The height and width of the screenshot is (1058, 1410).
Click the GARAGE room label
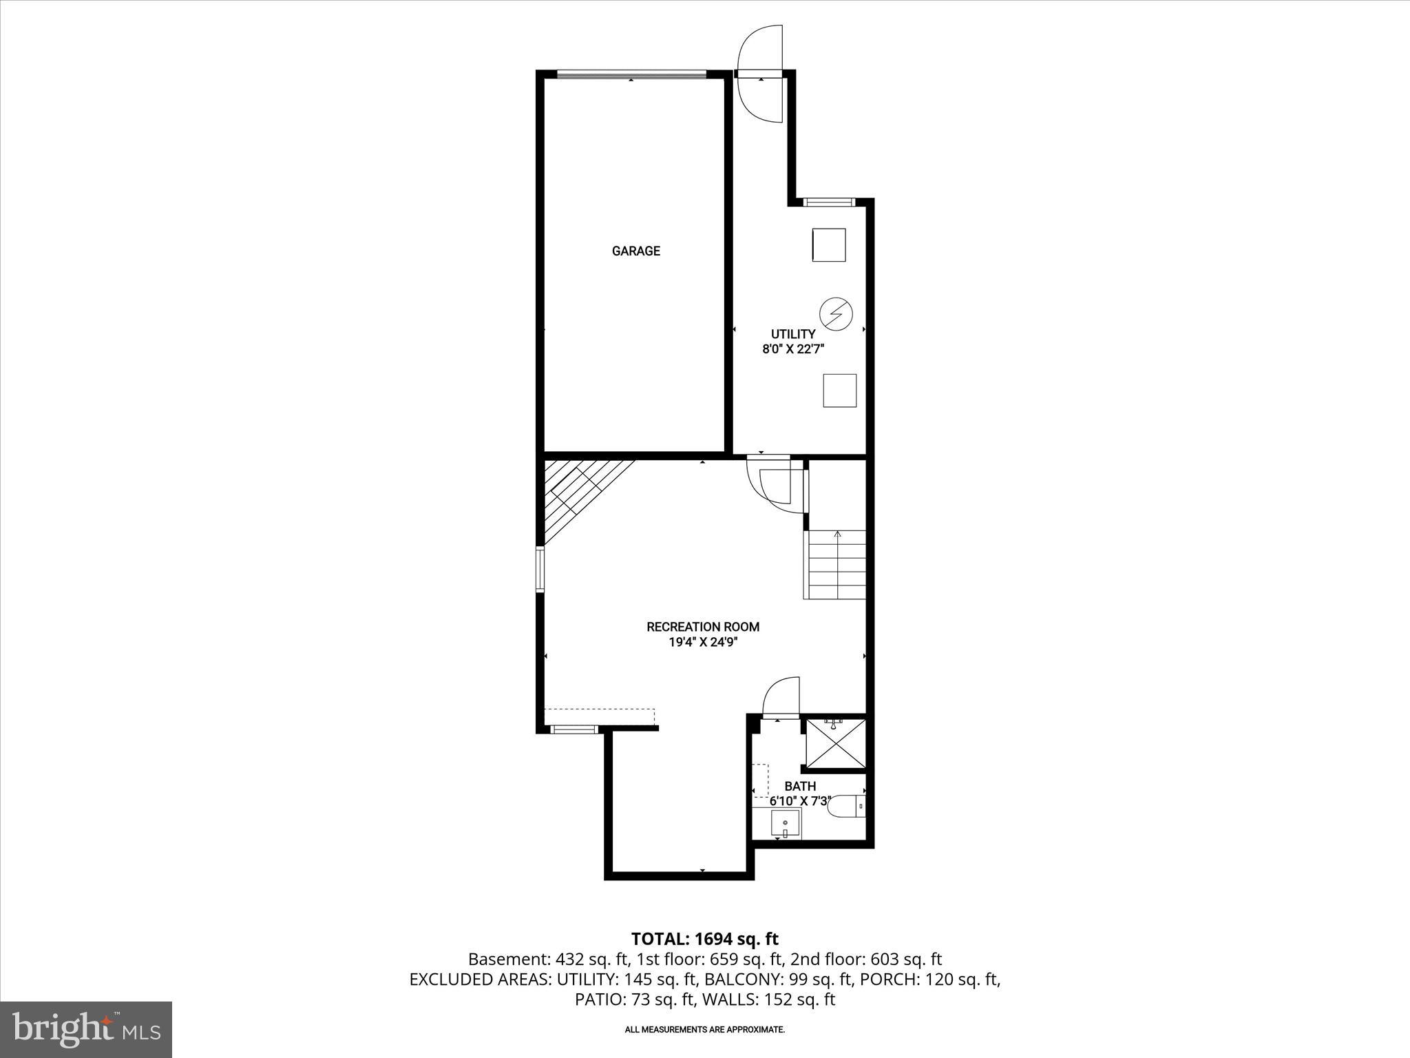635,251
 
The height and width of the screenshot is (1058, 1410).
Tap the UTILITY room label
792,334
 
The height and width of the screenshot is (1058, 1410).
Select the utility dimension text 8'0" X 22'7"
792,349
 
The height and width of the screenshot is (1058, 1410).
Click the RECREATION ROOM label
702,627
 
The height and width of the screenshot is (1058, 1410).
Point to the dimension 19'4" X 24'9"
702,643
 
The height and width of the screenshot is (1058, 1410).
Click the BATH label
800,786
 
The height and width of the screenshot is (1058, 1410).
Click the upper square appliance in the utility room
828,245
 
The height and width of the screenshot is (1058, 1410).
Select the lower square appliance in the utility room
839,391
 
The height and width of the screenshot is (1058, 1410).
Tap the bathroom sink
786,823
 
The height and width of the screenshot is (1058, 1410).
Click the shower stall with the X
836,743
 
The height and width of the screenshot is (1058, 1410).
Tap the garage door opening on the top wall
631,74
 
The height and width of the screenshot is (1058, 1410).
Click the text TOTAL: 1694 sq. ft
704,939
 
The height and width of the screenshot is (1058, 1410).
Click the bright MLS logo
86,1029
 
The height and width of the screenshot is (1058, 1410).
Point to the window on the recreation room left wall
540,569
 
